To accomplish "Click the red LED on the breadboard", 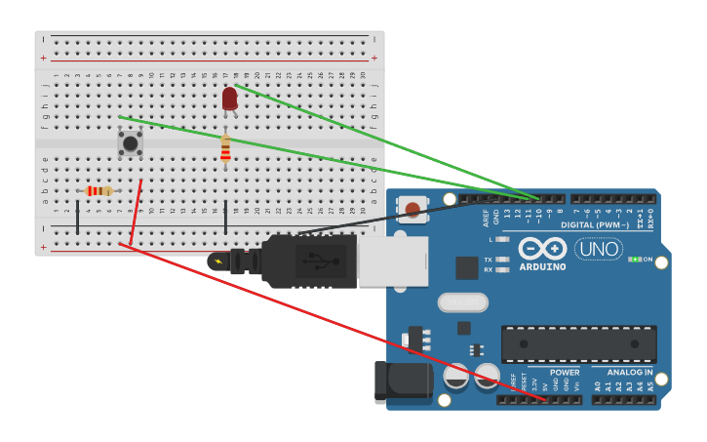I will (x=229, y=99).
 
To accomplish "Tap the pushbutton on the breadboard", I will (x=130, y=143).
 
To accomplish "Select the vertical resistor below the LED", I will (x=225, y=147).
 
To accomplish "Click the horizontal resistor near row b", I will (x=98, y=191).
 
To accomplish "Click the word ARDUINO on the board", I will (x=541, y=266).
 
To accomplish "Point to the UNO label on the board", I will (x=598, y=249).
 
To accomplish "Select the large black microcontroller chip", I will (x=578, y=343).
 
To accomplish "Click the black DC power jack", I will (x=403, y=382).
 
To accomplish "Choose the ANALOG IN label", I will (x=629, y=372).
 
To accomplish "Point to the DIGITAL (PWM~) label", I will (x=594, y=225).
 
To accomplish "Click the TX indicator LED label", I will (x=489, y=260).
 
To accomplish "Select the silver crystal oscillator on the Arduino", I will (x=462, y=302).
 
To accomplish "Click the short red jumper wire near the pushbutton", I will (x=137, y=212).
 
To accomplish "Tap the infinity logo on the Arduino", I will (x=541, y=248).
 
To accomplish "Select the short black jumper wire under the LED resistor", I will (x=225, y=218).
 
